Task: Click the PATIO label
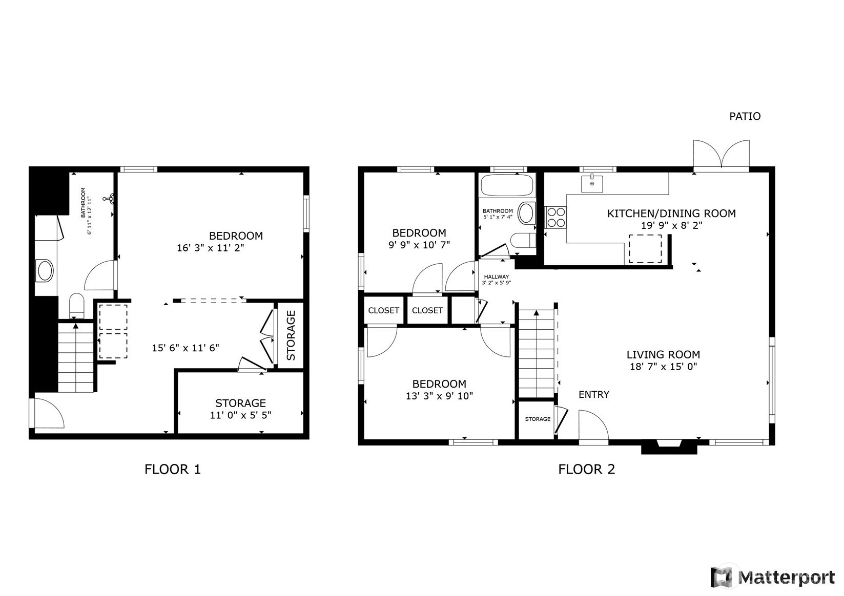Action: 745,116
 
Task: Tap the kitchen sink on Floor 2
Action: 591,184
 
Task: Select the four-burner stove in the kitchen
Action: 556,217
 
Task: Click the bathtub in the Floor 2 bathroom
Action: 507,185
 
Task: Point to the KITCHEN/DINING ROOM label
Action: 671,214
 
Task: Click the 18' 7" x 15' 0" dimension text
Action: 663,367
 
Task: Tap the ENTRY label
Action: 594,395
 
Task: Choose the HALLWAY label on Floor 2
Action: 496,276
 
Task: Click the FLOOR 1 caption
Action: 173,470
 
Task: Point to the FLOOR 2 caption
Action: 586,470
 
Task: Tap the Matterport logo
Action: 773,577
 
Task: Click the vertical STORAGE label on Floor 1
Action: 291,335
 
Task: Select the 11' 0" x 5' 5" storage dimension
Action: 240,415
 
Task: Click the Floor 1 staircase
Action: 76,358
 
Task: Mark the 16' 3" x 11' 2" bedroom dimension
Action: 211,248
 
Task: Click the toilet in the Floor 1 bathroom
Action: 77,305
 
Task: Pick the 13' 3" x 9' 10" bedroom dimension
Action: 439,396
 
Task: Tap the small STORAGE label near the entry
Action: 538,419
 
